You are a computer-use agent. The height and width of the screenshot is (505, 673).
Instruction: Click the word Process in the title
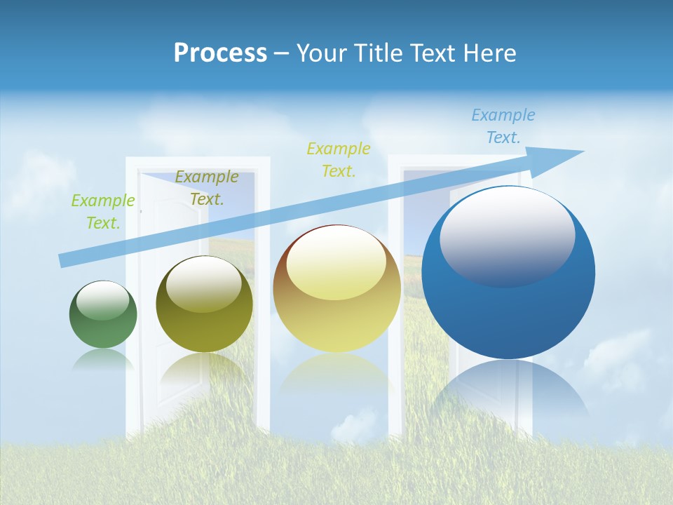(x=220, y=53)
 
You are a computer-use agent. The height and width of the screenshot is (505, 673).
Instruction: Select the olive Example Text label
(x=206, y=188)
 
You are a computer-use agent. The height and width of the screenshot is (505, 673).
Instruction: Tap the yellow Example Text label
(x=339, y=159)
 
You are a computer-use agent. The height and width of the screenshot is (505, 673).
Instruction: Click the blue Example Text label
(x=503, y=126)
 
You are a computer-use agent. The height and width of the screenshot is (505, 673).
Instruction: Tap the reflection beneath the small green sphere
(x=103, y=359)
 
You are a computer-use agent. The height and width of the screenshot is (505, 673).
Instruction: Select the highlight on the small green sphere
(x=102, y=300)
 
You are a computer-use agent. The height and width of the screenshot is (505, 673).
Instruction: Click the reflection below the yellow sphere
(x=336, y=372)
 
